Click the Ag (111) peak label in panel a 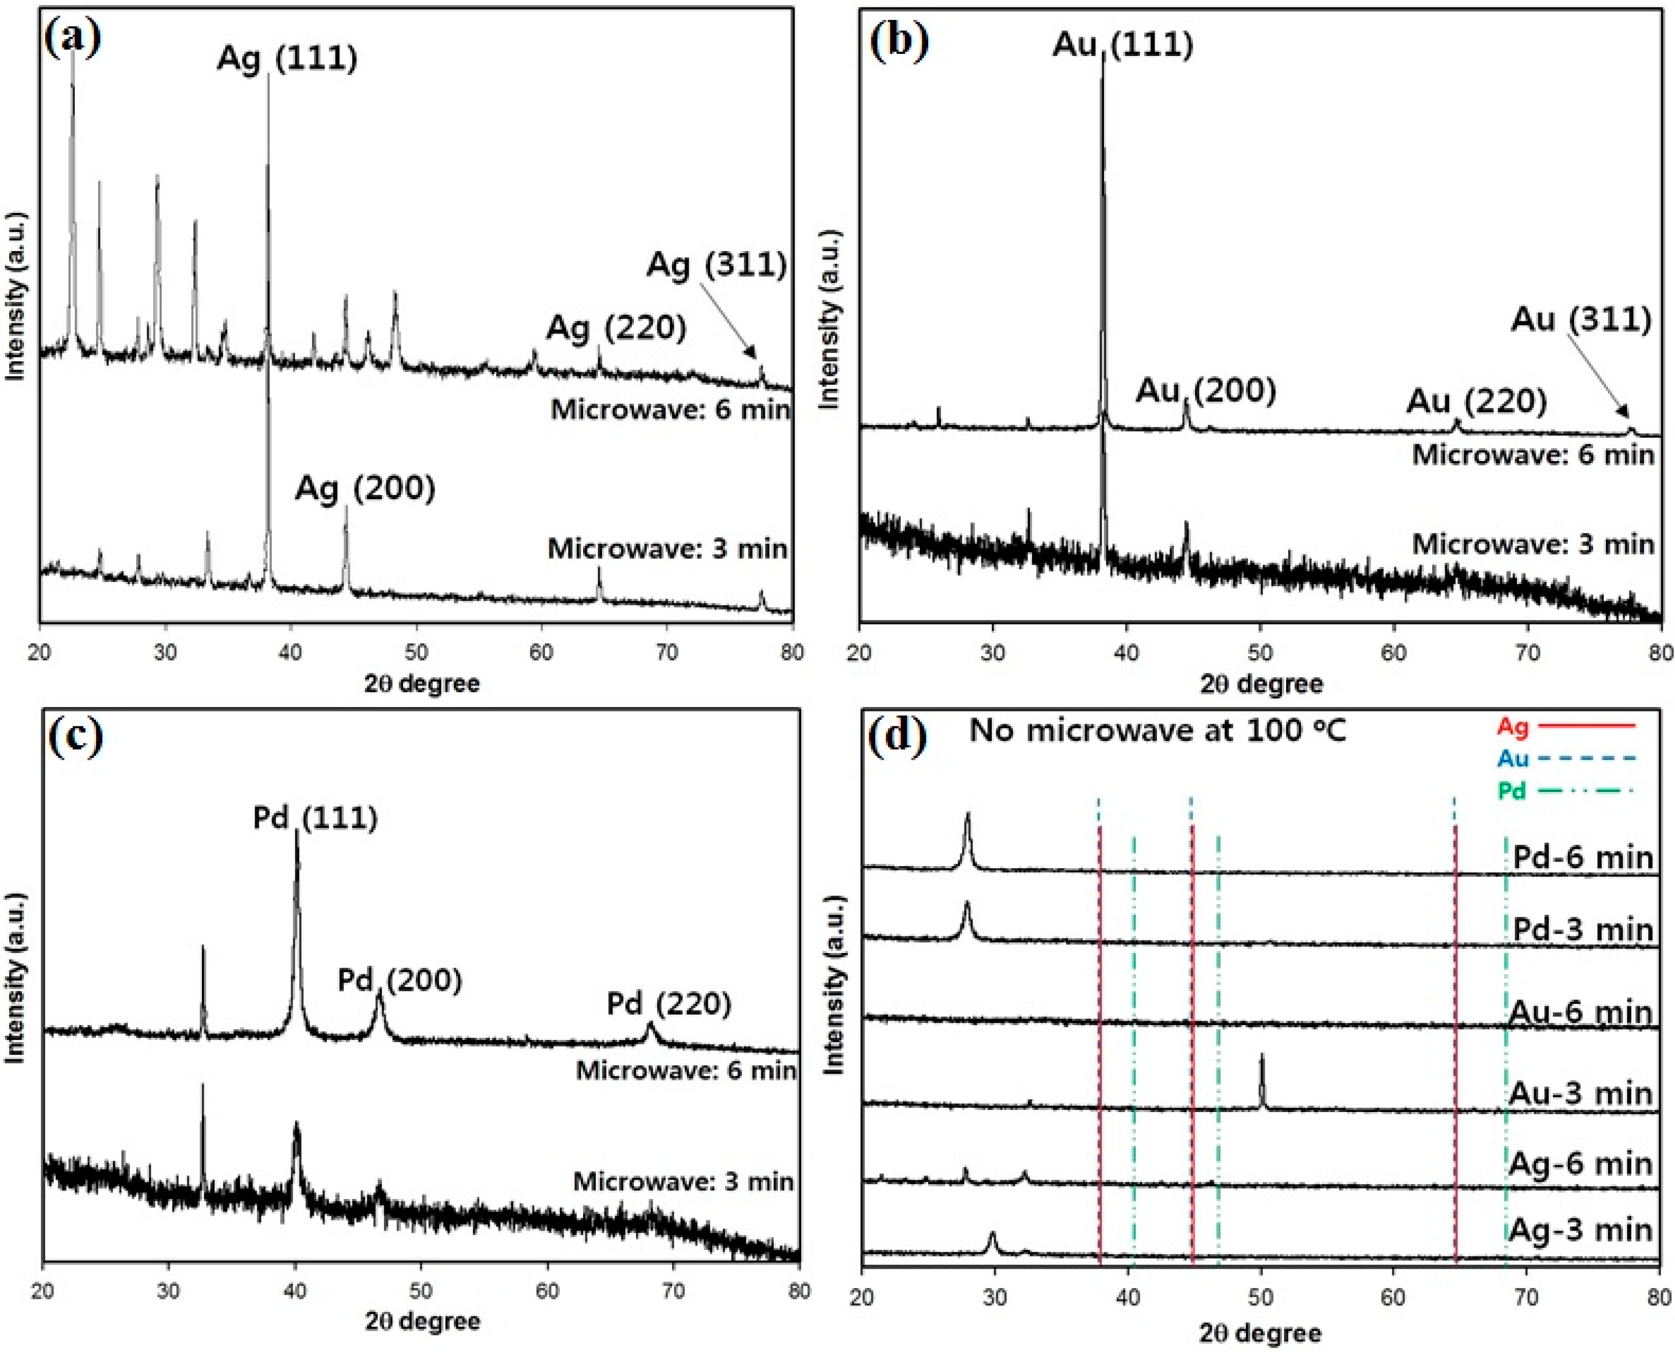tap(287, 59)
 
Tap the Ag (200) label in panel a tap(364, 488)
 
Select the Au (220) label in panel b tap(1476, 401)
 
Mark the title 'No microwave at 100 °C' tap(1157, 730)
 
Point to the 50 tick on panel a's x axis tap(416, 651)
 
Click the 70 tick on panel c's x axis tap(673, 1290)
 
